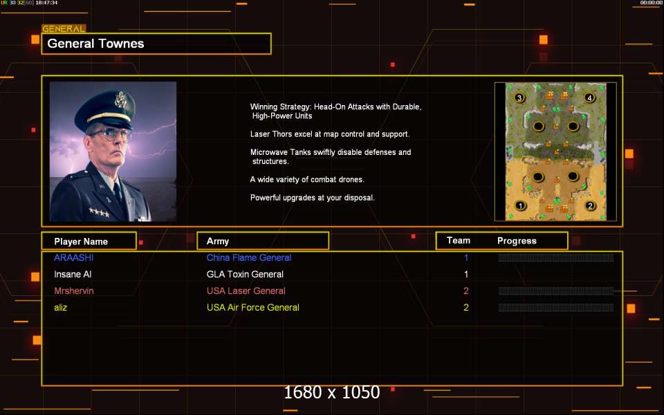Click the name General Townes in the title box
click(x=95, y=44)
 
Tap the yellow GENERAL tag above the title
click(x=64, y=29)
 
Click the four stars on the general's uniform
click(x=100, y=212)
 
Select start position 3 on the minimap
click(x=519, y=98)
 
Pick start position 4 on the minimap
click(x=589, y=98)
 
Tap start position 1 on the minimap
click(x=520, y=206)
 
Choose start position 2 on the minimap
click(x=590, y=206)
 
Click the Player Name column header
click(x=81, y=241)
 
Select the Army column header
click(x=218, y=241)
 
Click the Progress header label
click(x=517, y=241)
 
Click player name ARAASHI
click(x=74, y=257)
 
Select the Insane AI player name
click(x=73, y=274)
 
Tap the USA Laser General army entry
click(x=246, y=291)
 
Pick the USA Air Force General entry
click(x=253, y=307)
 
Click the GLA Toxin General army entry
click(x=245, y=274)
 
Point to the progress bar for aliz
click(x=556, y=307)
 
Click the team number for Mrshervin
click(x=465, y=291)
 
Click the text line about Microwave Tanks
click(x=331, y=157)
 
